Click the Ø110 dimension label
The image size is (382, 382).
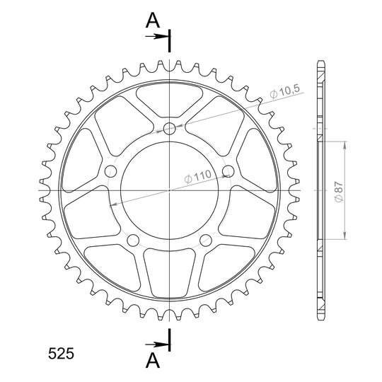point(198,176)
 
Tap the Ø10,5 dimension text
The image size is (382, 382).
point(284,91)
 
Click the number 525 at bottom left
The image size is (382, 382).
point(61,354)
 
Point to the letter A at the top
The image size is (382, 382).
point(153,21)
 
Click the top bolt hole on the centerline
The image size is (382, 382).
point(170,129)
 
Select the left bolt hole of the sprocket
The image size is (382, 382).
point(110,171)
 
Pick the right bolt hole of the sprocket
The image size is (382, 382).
point(228,171)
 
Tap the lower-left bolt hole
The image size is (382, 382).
point(133,241)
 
